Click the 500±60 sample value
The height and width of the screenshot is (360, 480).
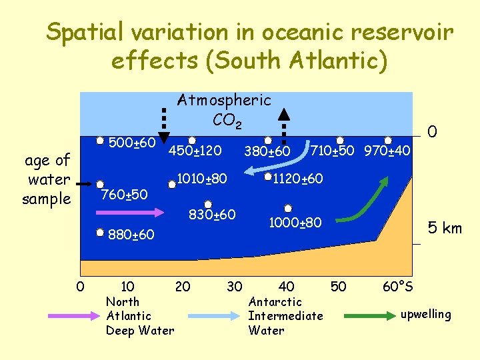point(132,143)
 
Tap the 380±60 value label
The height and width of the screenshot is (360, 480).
point(267,153)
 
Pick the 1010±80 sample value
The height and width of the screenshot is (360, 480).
point(202,179)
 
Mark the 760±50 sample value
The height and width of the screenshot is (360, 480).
point(123,195)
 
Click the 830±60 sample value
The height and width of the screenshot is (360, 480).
point(212,215)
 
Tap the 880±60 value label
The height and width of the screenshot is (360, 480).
point(131,235)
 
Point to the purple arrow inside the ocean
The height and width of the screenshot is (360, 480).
point(131,212)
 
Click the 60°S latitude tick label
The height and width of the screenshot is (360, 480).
point(397,287)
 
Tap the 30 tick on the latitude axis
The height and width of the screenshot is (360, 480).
point(234,287)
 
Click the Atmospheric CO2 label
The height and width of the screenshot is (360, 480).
point(224,111)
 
